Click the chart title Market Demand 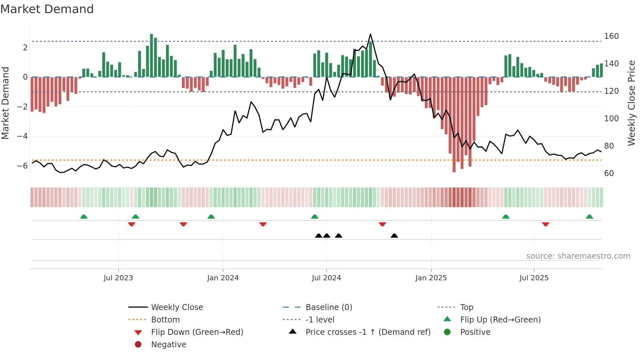(47, 9)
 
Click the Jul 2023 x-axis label (118, 278)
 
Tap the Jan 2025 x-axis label (431, 278)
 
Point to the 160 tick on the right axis (611, 36)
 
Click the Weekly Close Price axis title (632, 103)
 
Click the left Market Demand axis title (5, 103)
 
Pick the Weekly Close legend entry (177, 307)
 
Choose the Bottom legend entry (165, 320)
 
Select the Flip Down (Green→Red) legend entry (197, 332)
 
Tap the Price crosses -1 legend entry (368, 332)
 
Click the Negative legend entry (168, 345)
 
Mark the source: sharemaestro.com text (578, 256)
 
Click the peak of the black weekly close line (370, 34)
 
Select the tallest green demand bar (152, 56)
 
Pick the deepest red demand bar (454, 124)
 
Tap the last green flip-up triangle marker (589, 217)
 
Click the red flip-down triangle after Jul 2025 (545, 224)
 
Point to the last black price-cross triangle (394, 236)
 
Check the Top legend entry (466, 307)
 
